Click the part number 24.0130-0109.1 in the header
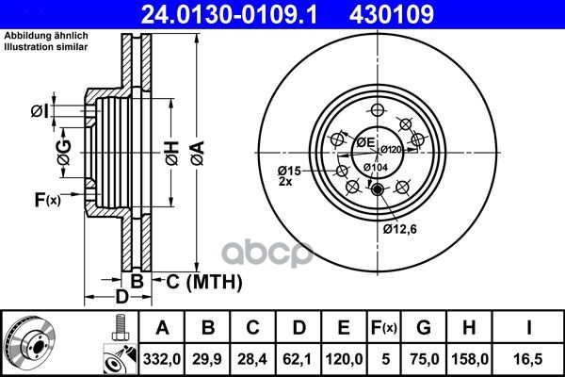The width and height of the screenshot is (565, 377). pyautogui.click(x=229, y=15)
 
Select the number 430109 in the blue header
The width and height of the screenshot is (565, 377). pyautogui.click(x=392, y=15)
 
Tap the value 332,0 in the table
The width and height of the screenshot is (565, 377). pyautogui.click(x=162, y=359)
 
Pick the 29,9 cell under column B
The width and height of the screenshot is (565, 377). pyautogui.click(x=207, y=359)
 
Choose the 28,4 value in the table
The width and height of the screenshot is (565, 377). pyautogui.click(x=252, y=359)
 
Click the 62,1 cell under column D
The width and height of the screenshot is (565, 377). pyautogui.click(x=298, y=359)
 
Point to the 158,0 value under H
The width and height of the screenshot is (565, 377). pyautogui.click(x=470, y=359)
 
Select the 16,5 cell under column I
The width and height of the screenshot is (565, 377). pyautogui.click(x=528, y=359)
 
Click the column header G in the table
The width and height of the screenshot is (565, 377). pyautogui.click(x=424, y=328)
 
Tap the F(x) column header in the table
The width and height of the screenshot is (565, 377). pyautogui.click(x=384, y=328)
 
